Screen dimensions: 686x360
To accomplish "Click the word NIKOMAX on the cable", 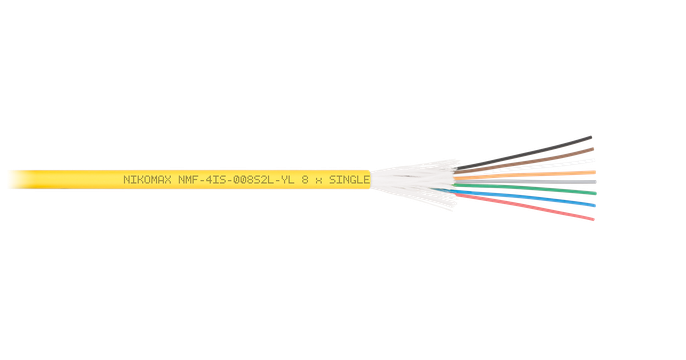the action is coord(147,180).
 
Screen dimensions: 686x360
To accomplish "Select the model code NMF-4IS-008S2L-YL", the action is coord(236,180).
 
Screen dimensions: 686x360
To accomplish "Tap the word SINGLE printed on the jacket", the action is coord(349,180).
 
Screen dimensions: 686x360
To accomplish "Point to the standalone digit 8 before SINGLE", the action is coord(305,180).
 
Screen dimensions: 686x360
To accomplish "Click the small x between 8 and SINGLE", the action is coord(319,181).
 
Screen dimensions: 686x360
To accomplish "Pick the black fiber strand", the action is coord(524,153).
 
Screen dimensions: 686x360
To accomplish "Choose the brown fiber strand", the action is coord(524,161).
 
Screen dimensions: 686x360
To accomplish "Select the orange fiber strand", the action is coord(525,175).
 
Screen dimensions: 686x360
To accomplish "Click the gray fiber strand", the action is coord(525,182).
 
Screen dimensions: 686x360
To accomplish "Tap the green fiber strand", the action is coord(525,189).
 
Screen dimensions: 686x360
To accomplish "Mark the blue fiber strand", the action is coord(521,197).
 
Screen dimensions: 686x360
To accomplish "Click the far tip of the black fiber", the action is coord(591,137).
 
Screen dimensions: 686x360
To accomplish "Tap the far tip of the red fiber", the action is coord(593,219).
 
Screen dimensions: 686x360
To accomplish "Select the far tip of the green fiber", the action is coord(595,193).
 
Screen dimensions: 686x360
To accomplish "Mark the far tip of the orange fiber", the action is coord(595,172).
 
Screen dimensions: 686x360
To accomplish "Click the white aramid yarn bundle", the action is coord(413,182).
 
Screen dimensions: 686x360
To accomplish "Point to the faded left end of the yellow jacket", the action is coord(20,179).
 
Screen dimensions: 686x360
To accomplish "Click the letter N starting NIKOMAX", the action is coord(126,180).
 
